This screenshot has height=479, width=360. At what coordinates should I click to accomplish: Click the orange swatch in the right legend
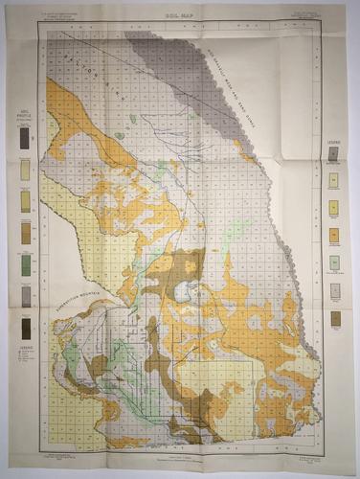(x=334, y=235)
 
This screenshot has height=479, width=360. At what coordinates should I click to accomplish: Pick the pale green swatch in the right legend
(x=334, y=262)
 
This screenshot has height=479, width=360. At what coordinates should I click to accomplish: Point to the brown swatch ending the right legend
(x=334, y=318)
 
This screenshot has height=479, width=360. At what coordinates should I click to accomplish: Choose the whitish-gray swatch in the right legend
(x=334, y=290)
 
